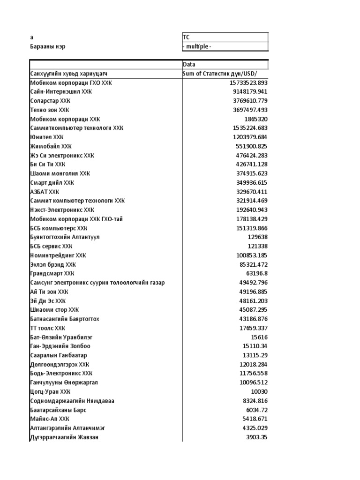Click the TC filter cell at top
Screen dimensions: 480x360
click(x=225, y=37)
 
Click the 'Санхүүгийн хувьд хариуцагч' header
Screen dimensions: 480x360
click(x=72, y=74)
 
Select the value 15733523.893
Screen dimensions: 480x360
click(x=246, y=83)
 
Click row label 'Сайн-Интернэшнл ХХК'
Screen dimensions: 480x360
click(x=61, y=92)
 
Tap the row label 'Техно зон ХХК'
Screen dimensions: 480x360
click(x=50, y=110)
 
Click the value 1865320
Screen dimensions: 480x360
click(x=255, y=119)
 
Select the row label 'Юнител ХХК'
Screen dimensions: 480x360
click(x=46, y=137)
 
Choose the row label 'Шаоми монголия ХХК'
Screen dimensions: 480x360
click(x=60, y=173)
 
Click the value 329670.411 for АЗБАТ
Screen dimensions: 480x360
click(x=252, y=192)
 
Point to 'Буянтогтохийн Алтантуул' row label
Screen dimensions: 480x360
click(x=65, y=237)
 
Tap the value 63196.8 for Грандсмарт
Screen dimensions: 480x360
click(x=257, y=273)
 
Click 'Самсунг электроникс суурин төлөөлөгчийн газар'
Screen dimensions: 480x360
click(x=97, y=283)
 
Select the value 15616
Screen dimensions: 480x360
click(x=259, y=337)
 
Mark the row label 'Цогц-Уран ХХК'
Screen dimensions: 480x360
click(x=50, y=391)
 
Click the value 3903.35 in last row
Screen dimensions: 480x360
click(x=256, y=437)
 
